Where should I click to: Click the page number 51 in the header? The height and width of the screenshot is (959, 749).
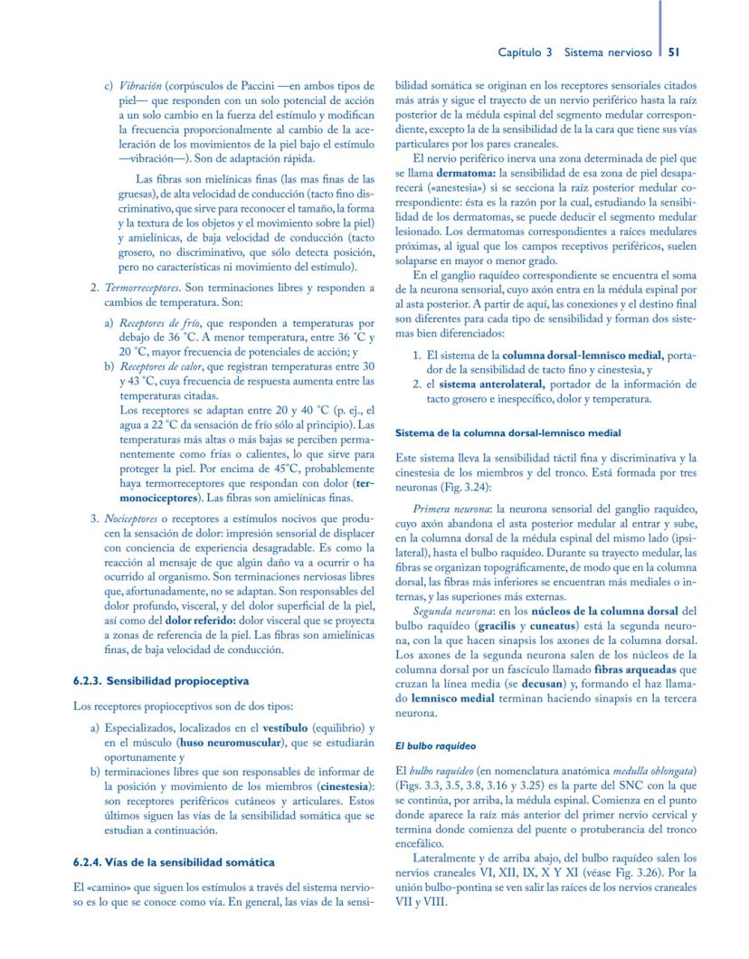(674, 52)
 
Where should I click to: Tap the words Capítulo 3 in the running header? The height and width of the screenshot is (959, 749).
(525, 52)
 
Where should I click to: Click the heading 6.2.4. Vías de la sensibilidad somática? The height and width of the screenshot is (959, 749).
(173, 862)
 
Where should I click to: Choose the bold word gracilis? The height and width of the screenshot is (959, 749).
(500, 626)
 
